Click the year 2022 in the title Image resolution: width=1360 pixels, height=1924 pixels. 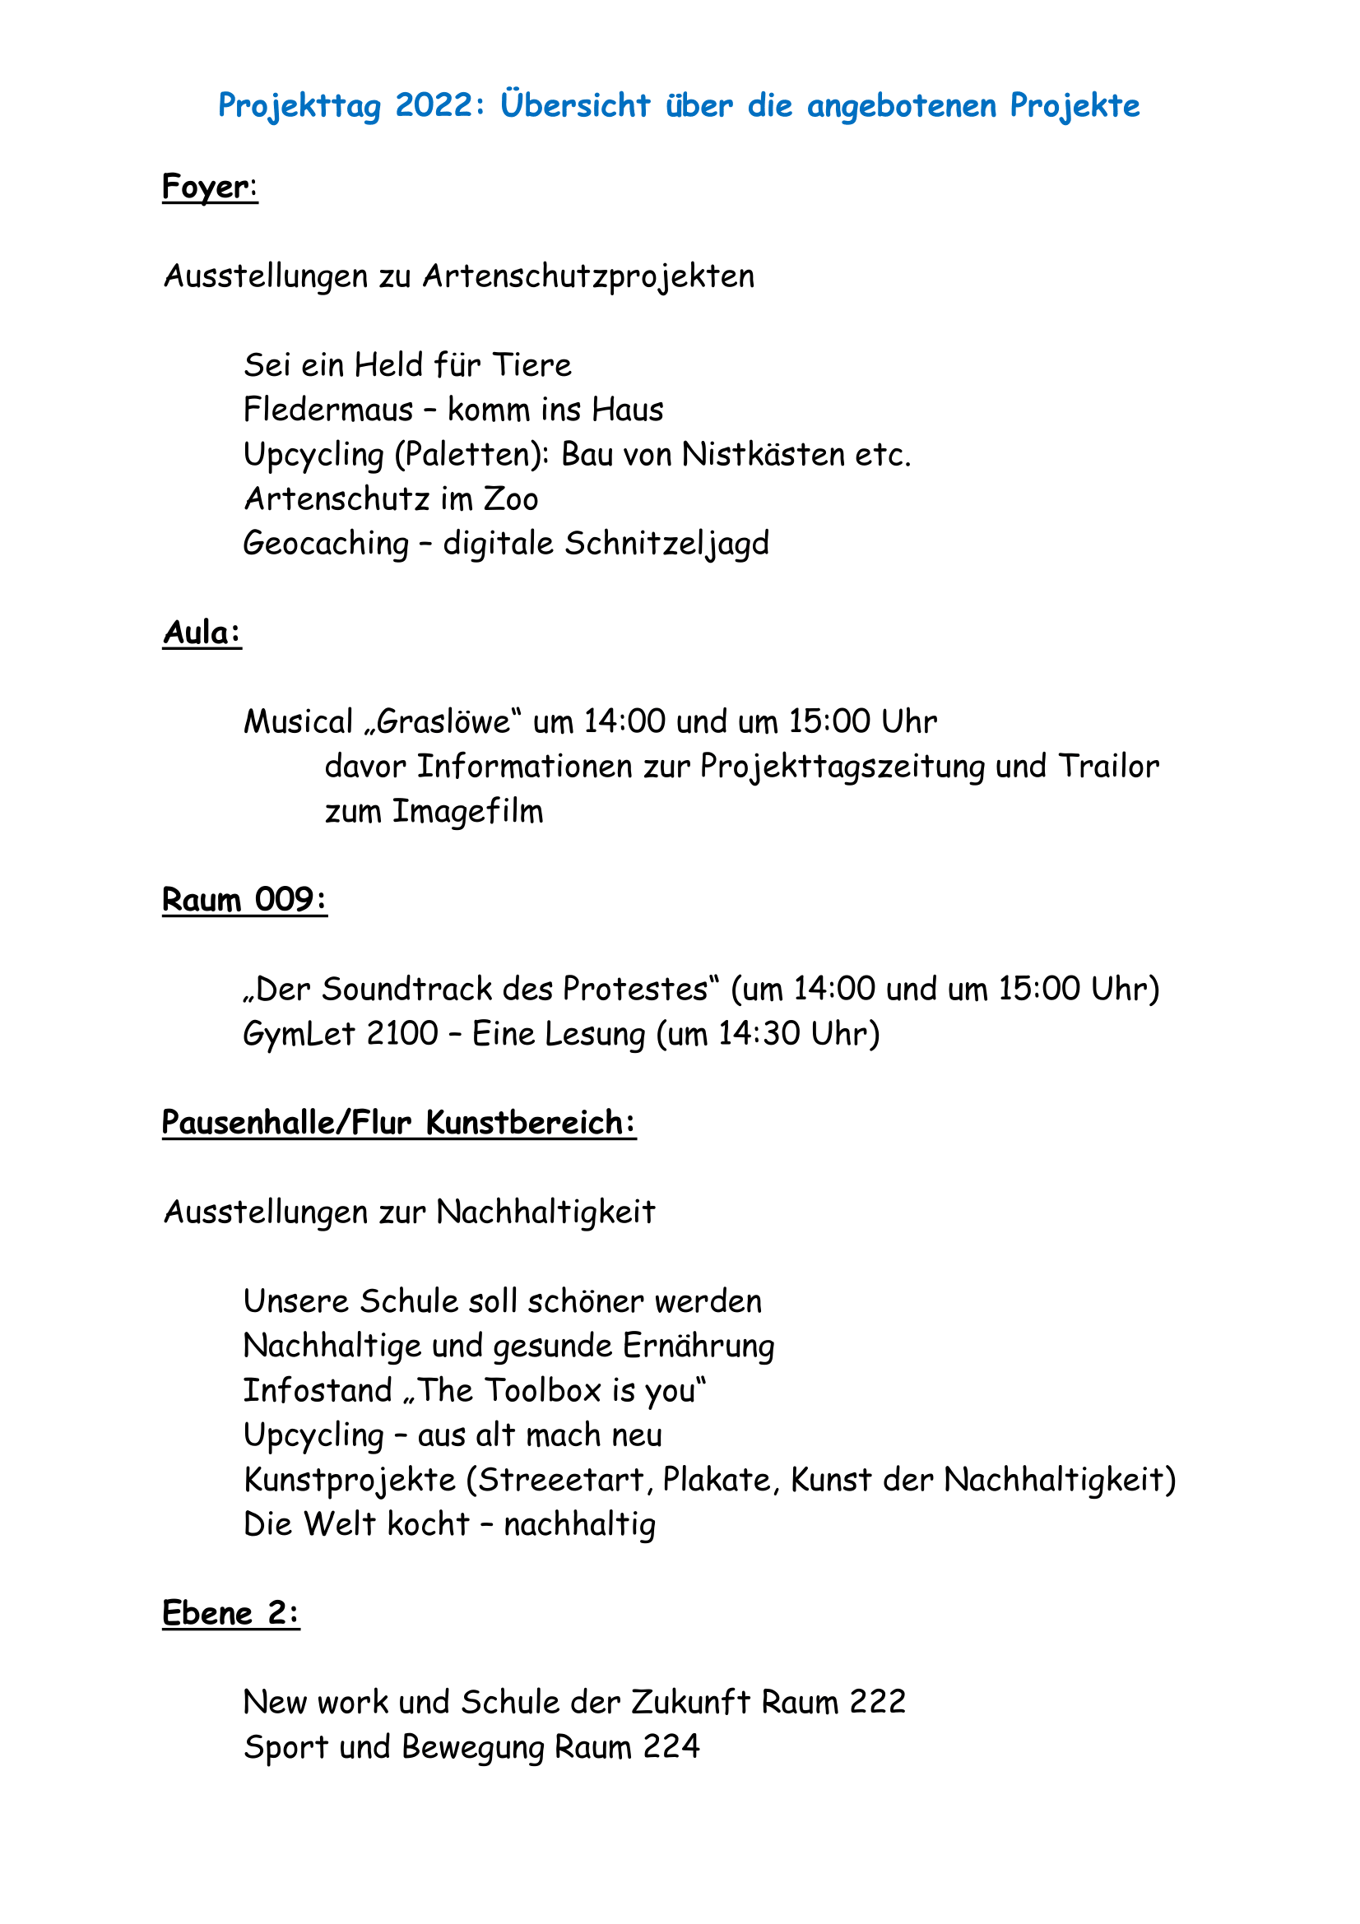pyautogui.click(x=434, y=105)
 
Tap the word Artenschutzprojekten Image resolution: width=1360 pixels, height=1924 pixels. pyautogui.click(x=588, y=276)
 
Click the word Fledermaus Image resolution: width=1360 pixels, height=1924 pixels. pyautogui.click(x=328, y=410)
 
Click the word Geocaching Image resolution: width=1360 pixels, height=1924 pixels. pyautogui.click(x=326, y=544)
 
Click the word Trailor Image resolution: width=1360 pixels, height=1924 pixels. pyautogui.click(x=1108, y=766)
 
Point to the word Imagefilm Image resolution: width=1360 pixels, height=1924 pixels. pyautogui.click(x=467, y=811)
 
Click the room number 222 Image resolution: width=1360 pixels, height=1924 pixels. pyautogui.click(x=877, y=1703)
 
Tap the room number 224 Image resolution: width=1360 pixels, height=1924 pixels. pyautogui.click(x=671, y=1747)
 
